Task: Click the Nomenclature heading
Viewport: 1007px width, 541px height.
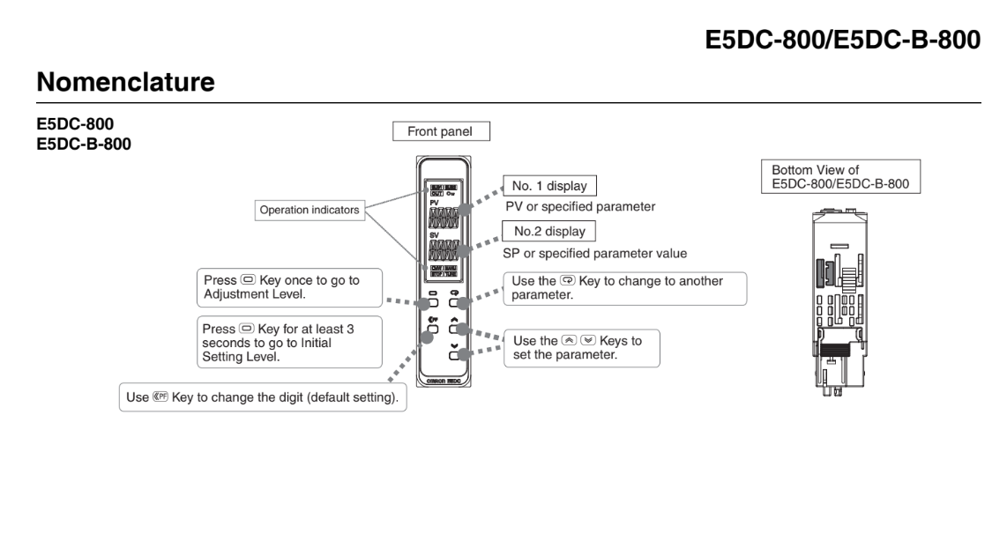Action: click(126, 83)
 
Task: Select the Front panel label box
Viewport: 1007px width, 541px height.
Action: click(441, 131)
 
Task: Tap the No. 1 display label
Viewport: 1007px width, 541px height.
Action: click(548, 186)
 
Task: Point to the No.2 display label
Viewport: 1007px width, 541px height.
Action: click(548, 232)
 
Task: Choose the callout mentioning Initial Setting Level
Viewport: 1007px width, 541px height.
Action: click(287, 342)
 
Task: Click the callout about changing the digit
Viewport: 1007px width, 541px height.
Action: click(262, 397)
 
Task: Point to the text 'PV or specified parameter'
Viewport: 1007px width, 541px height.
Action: click(578, 207)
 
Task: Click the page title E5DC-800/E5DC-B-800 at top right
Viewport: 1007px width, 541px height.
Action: click(843, 41)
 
